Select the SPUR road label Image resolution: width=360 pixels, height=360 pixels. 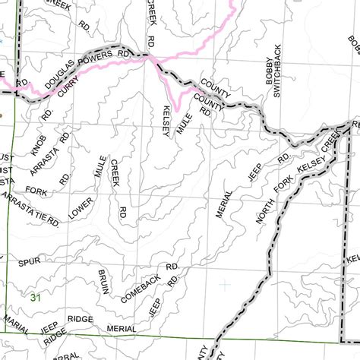coord(29,261)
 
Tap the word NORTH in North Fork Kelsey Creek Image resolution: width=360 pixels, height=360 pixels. coord(262,210)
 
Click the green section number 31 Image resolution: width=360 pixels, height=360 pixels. coord(35,298)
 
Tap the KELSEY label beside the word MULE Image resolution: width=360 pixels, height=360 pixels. coord(165,121)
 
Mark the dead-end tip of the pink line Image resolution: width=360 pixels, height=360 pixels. coord(176,109)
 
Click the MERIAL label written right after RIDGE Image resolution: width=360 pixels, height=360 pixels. coord(121,328)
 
